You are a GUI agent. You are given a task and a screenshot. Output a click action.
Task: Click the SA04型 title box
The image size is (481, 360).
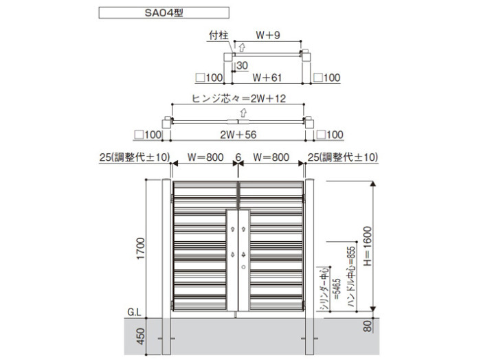[164, 13]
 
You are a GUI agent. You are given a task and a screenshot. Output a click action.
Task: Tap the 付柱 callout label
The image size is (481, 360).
[219, 35]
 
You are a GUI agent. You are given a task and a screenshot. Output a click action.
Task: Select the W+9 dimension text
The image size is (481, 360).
[268, 35]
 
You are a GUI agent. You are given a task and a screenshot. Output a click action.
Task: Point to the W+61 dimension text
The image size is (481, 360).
[267, 78]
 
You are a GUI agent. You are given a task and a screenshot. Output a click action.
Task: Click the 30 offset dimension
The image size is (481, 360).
[242, 65]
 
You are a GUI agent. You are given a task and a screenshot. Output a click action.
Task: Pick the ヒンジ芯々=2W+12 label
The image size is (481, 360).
[238, 98]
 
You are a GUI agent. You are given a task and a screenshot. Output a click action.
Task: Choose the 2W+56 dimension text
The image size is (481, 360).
[238, 135]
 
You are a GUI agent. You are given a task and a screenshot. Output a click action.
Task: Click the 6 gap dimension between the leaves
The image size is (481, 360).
[238, 157]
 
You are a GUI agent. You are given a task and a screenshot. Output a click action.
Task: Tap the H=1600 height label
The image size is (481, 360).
[367, 246]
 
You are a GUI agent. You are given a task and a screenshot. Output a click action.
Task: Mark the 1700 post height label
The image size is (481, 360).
[140, 249]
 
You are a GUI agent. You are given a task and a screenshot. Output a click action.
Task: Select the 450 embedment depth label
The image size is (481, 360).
[140, 336]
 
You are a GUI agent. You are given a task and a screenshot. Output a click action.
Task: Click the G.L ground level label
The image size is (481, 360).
[135, 312]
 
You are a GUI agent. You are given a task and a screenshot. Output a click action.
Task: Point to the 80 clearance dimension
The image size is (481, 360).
[367, 326]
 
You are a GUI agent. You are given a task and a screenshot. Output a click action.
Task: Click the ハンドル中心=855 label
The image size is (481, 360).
[352, 277]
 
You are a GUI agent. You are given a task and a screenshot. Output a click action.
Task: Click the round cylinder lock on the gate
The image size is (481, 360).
[243, 267]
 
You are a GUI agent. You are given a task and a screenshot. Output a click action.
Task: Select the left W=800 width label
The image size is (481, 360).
[205, 157]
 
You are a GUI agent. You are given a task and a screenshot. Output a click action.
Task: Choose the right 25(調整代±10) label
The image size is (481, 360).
[343, 157]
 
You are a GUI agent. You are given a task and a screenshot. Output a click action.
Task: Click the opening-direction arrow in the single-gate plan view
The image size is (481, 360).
[242, 48]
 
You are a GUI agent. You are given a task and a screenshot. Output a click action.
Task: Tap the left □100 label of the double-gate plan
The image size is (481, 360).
[148, 135]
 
